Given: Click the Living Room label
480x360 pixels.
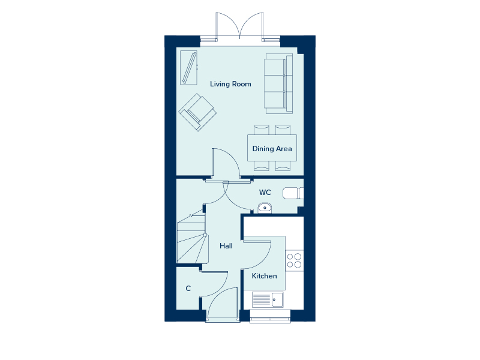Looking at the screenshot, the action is [x=230, y=84].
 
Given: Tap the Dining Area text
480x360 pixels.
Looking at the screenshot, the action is [x=272, y=149].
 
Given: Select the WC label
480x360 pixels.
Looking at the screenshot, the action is [x=265, y=192].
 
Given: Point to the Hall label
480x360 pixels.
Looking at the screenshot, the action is [x=226, y=246].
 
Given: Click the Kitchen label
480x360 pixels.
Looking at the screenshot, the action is [x=264, y=276].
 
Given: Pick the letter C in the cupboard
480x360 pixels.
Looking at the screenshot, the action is [x=188, y=289].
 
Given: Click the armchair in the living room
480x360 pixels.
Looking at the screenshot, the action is [x=197, y=112].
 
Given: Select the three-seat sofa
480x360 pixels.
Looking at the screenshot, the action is [x=278, y=83].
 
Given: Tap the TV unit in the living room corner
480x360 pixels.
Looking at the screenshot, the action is [x=188, y=68].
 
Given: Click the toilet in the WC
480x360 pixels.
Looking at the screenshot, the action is [x=293, y=193].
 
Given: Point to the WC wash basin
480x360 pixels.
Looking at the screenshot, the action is [x=265, y=208].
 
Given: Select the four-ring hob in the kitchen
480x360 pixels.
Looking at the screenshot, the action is [x=294, y=260].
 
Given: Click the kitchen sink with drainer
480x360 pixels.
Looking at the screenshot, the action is [x=268, y=299].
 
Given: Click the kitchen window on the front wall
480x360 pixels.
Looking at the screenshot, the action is [x=270, y=320].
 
